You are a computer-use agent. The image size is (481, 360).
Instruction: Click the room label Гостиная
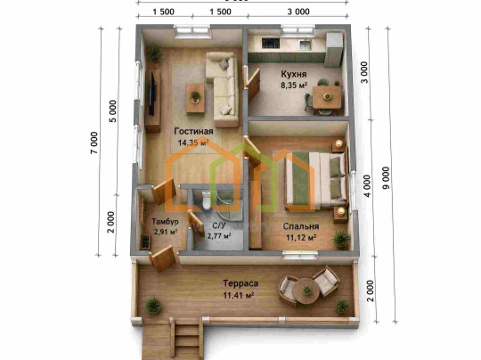[x=193, y=131]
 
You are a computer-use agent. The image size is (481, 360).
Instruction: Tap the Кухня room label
[x=294, y=74]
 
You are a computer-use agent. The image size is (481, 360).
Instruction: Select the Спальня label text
[x=301, y=226]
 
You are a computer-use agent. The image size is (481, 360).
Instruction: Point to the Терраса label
[x=240, y=283]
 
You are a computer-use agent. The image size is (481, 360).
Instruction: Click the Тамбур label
[x=165, y=221]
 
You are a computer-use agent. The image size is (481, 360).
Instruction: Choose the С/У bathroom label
[x=219, y=225]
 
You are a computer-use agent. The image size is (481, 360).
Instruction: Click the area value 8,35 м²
[x=294, y=85]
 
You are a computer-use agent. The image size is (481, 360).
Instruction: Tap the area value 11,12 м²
[x=301, y=238]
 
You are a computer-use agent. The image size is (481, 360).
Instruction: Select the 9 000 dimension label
[x=387, y=177]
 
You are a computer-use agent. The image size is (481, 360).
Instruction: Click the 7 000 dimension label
[x=94, y=143]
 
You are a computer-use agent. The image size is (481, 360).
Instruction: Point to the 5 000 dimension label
[x=113, y=111]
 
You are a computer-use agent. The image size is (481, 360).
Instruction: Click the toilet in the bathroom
[x=206, y=200]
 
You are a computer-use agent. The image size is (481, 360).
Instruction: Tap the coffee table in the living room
[x=195, y=99]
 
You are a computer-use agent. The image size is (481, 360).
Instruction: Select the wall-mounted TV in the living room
[x=151, y=94]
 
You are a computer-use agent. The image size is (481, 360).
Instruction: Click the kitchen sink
[x=305, y=45]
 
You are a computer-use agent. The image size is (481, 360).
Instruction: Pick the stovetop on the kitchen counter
[x=271, y=43]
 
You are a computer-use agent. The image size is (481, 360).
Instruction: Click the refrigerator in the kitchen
[x=334, y=49]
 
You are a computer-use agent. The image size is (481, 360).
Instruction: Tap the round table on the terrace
[x=306, y=290]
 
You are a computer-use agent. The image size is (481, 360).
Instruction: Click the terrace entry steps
[x=187, y=338]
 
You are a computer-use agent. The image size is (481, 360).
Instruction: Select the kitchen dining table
[x=327, y=97]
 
